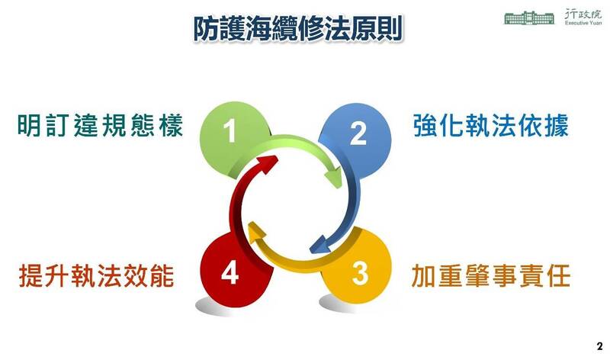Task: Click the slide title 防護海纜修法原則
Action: (x=297, y=28)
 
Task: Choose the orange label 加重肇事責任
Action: (x=491, y=274)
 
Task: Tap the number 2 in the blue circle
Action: (x=358, y=133)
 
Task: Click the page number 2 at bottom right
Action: (x=599, y=345)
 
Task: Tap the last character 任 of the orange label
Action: (x=558, y=274)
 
